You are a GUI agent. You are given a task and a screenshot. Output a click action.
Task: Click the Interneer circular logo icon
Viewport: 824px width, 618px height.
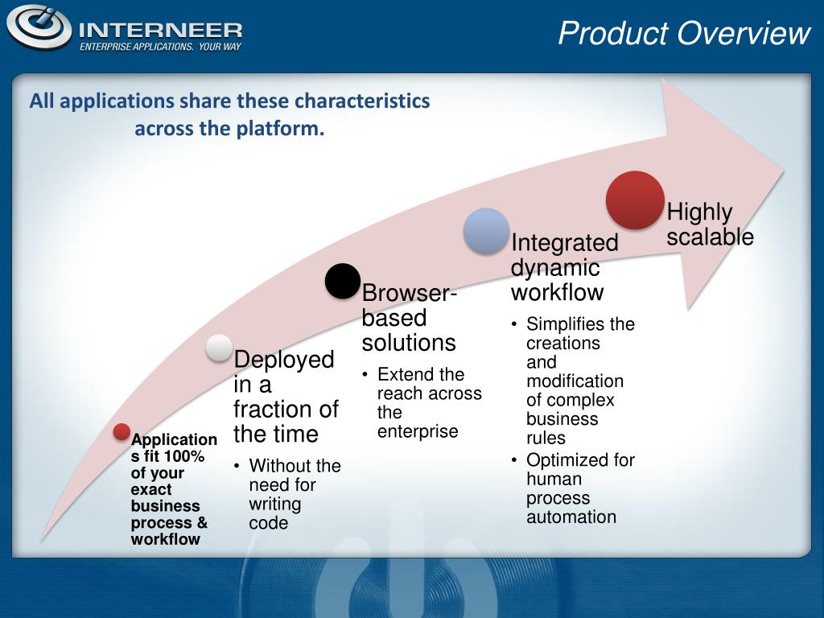[39, 27]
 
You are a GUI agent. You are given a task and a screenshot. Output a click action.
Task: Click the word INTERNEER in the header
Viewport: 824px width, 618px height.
[161, 31]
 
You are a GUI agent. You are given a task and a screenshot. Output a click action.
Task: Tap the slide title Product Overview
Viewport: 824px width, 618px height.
[684, 33]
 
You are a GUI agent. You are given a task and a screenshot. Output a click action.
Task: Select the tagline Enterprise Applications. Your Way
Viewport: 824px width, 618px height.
[160, 47]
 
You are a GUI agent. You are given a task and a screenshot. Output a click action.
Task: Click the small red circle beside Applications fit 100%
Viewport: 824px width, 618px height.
[122, 431]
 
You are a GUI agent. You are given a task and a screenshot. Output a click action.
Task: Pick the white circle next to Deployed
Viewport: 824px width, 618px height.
[219, 348]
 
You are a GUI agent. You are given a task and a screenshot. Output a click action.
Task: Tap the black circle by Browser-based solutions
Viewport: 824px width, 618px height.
[343, 281]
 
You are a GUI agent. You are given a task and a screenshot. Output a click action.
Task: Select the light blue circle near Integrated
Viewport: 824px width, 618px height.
[486, 231]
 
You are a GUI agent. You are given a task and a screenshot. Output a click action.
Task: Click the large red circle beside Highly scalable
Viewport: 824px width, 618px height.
[635, 200]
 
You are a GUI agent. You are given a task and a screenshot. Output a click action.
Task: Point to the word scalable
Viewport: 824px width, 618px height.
[710, 237]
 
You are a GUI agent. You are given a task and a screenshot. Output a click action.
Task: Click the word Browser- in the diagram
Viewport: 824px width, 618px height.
[410, 293]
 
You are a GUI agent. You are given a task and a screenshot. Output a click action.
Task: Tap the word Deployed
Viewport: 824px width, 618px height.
[284, 360]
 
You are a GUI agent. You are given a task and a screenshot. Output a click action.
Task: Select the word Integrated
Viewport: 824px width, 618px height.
[564, 243]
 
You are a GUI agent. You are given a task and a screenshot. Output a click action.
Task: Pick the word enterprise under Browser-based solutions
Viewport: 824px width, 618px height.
[418, 431]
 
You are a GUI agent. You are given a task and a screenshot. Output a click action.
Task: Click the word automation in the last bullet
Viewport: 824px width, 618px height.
[571, 517]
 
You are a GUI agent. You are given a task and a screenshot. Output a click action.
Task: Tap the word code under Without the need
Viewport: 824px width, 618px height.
[269, 523]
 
